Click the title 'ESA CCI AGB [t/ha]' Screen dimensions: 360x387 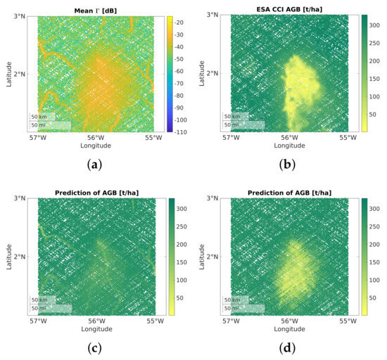(x=289, y=8)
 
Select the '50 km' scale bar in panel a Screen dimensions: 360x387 (x=39, y=116)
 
